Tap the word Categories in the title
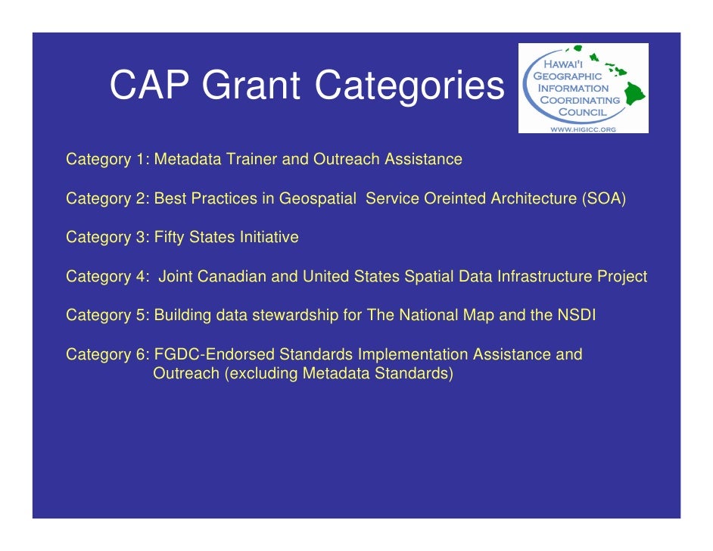pos(409,86)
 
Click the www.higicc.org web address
pos(583,129)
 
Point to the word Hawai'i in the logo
pos(567,65)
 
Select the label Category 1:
pos(108,160)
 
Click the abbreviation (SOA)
pos(603,199)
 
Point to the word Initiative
pos(269,238)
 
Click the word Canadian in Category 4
pos(232,277)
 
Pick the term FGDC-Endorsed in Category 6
pos(213,355)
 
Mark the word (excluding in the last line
pos(260,373)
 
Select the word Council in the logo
pos(582,111)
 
